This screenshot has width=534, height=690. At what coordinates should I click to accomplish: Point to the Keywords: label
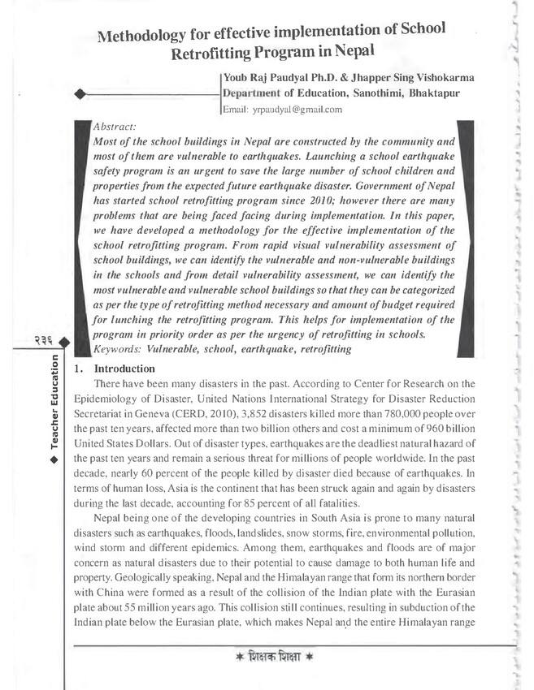[119, 350]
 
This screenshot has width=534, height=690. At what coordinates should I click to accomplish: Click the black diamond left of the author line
[80, 95]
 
